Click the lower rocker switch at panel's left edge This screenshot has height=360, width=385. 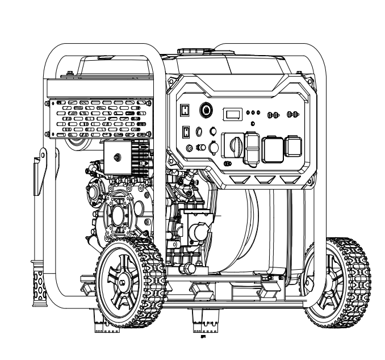point(186,133)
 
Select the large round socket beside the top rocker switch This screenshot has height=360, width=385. point(206,110)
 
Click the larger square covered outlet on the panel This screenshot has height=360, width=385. point(271,148)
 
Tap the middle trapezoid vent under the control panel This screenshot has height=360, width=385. point(263,179)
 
